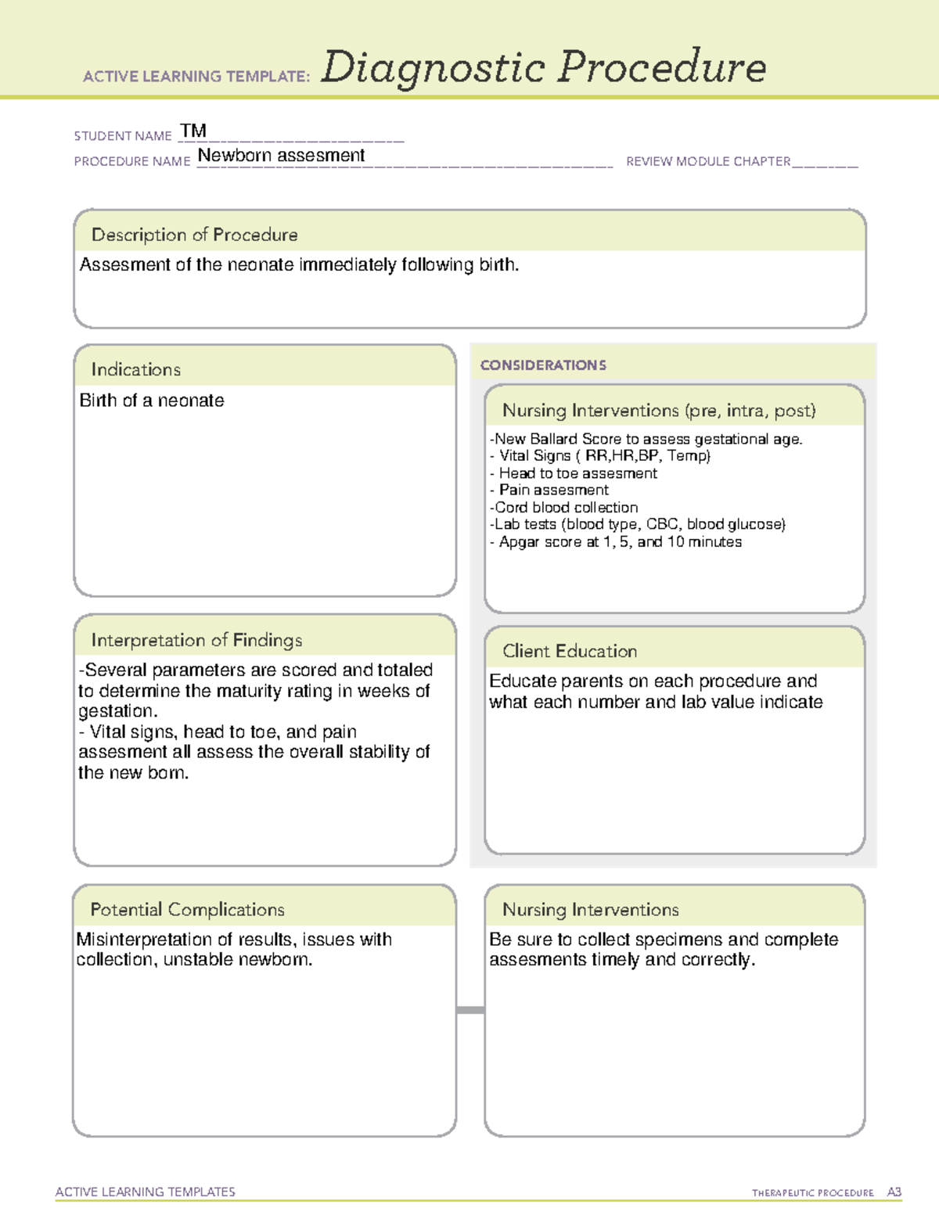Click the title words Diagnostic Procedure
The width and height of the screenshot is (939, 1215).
543,67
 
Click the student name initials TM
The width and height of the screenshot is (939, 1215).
192,131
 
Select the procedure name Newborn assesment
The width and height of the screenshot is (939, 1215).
281,156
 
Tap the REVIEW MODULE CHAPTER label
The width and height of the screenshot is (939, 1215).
708,161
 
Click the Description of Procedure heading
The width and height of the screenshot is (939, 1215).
194,235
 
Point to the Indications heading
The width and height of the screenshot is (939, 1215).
135,369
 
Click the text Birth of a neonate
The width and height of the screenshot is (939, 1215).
152,401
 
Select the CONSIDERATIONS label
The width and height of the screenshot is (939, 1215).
543,365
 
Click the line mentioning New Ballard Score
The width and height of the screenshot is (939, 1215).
646,439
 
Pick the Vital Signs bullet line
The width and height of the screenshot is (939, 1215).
600,456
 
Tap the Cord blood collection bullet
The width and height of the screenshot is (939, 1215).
563,508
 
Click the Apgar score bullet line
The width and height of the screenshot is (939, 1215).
616,542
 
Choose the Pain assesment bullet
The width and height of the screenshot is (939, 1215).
549,491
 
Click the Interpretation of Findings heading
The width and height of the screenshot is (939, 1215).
196,640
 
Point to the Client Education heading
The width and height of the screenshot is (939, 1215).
570,651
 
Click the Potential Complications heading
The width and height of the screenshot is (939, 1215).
187,909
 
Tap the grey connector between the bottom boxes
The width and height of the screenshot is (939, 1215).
470,1010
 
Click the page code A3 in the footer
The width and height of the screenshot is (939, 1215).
894,1192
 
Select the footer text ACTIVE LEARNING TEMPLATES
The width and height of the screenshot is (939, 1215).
146,1192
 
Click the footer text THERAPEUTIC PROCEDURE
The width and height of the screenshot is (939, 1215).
812,1193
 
